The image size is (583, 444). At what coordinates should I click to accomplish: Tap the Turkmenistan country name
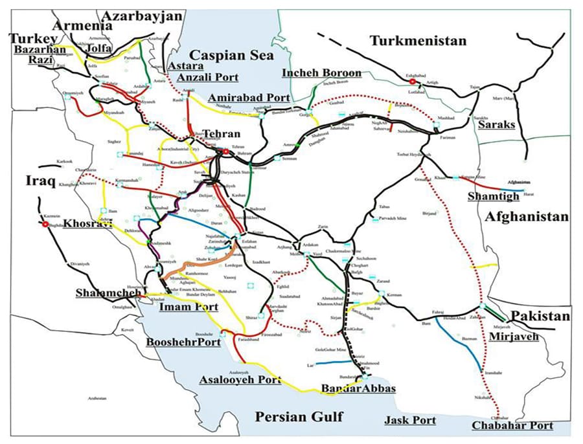pos(418,41)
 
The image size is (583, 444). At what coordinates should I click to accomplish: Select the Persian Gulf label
pos(299,416)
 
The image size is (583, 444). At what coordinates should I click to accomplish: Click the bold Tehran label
pos(221,134)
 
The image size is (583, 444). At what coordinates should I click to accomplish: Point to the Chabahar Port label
pos(512,425)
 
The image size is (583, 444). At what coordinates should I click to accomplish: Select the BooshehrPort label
pos(183,341)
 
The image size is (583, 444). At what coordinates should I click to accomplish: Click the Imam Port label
pos(189,306)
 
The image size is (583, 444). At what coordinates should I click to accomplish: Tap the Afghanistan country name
pos(527,217)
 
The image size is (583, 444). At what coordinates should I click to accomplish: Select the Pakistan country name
pos(540,316)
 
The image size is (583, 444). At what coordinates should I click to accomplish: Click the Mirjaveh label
pos(514,337)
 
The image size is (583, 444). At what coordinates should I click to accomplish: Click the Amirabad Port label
pos(249,97)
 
